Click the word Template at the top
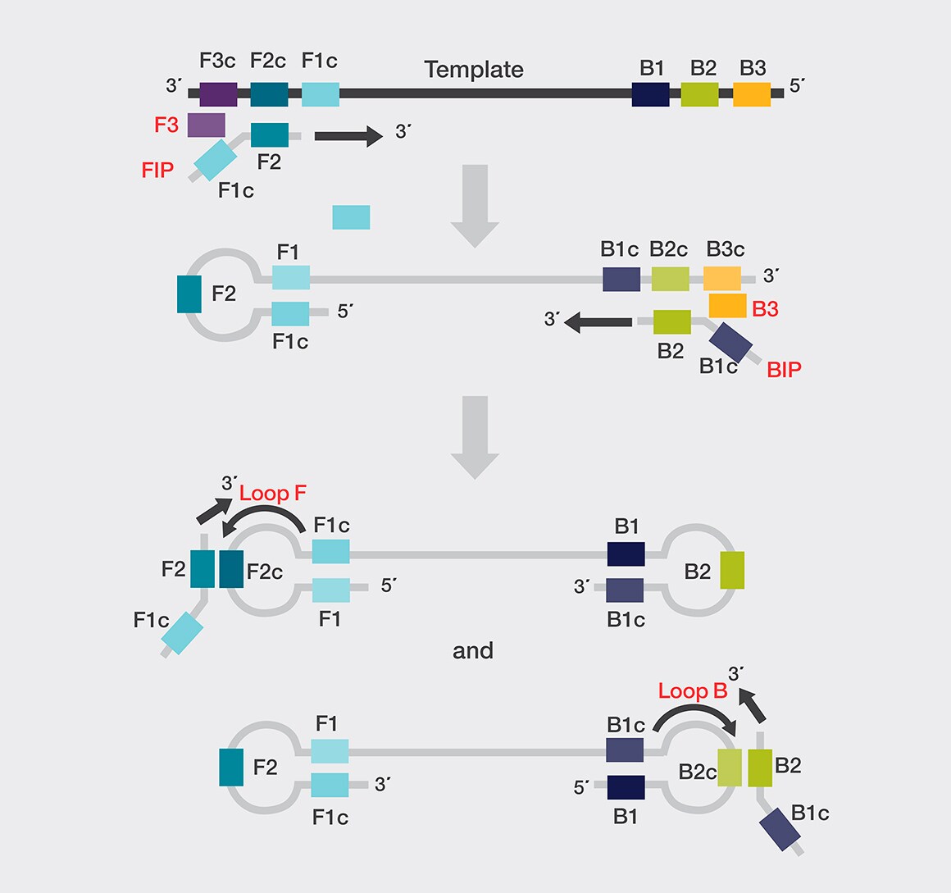click(x=474, y=70)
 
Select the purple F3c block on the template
click(x=218, y=93)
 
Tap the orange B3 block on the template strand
click(x=752, y=93)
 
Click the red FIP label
click(x=158, y=170)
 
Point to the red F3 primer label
click(x=166, y=125)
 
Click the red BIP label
click(x=784, y=370)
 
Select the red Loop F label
click(x=273, y=493)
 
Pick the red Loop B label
click(x=693, y=691)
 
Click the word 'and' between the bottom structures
click(x=473, y=651)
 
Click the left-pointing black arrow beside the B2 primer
click(x=598, y=321)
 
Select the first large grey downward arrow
click(x=475, y=205)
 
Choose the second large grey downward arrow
click(x=475, y=437)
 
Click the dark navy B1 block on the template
click(x=651, y=93)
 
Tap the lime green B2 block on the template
click(x=699, y=93)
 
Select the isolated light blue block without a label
click(x=351, y=217)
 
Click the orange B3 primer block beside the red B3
click(x=727, y=306)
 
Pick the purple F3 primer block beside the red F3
click(x=207, y=125)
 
